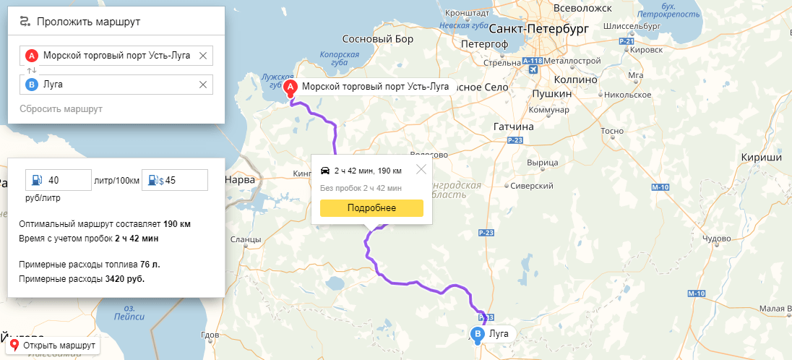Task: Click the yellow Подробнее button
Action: coord(371,208)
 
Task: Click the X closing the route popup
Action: coord(421,170)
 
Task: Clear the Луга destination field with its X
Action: coord(203,85)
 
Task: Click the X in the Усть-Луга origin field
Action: coord(203,56)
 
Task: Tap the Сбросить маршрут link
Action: coord(61,108)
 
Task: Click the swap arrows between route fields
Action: coord(31,70)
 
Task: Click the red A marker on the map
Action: coord(290,87)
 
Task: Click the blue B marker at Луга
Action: coord(478,334)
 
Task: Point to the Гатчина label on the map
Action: coord(513,127)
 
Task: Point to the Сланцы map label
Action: coord(246,239)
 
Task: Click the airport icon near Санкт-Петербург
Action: coord(533,69)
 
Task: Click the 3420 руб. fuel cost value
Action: coord(125,278)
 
